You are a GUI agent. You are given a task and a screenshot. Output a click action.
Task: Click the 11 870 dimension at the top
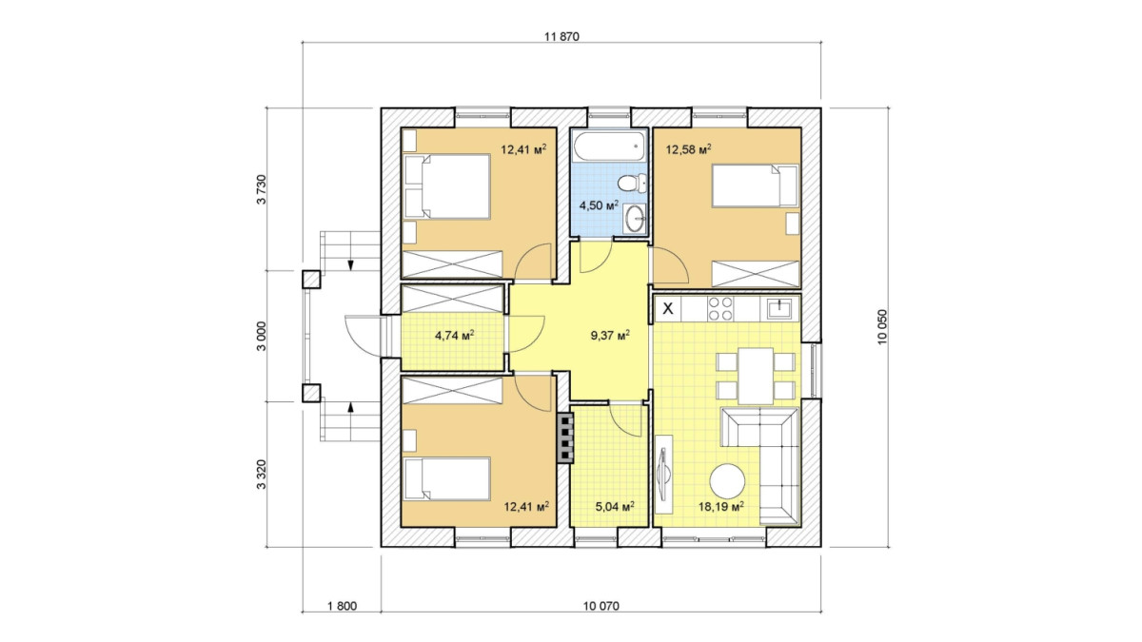(x=561, y=37)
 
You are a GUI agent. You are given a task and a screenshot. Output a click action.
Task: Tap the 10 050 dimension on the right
(x=882, y=327)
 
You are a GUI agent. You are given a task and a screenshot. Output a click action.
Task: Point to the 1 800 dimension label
(x=342, y=606)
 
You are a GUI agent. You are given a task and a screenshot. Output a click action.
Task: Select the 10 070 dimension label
(x=601, y=606)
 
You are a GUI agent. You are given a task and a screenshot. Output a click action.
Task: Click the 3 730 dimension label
(x=262, y=189)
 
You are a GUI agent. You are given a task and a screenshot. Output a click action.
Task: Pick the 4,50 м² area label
(x=599, y=205)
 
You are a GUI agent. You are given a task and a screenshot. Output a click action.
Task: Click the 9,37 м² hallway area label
(x=610, y=335)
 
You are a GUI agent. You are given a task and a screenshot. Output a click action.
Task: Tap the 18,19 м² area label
(x=721, y=506)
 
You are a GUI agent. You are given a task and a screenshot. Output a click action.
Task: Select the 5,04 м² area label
(x=615, y=506)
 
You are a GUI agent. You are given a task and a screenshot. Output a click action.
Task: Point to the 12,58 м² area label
(x=689, y=149)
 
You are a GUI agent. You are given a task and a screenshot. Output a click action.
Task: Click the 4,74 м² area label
(x=455, y=335)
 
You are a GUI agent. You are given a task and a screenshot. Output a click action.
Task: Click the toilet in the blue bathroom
(x=633, y=183)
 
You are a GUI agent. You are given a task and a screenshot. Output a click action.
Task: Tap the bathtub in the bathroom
(x=610, y=146)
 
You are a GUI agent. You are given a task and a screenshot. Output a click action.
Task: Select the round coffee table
(x=727, y=481)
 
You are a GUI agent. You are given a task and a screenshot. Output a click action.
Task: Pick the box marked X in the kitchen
(x=668, y=308)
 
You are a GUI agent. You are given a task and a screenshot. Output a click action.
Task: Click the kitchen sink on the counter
(x=779, y=308)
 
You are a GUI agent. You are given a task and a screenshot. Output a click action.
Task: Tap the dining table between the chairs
(x=756, y=376)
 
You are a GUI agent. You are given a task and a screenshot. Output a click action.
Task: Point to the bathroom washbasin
(x=636, y=219)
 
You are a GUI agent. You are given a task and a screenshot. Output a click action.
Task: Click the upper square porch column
(x=311, y=280)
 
